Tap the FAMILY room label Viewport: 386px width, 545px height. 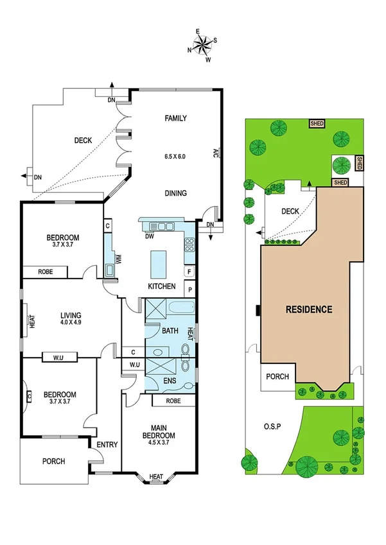click(x=175, y=118)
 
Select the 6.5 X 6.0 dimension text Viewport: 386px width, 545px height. click(x=175, y=157)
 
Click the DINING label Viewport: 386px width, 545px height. click(x=175, y=193)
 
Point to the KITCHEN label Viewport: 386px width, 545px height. click(x=162, y=286)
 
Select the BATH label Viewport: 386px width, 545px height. click(x=170, y=331)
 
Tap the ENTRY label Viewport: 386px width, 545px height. click(x=107, y=445)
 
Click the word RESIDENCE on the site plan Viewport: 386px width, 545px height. click(x=310, y=309)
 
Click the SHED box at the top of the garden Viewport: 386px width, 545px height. click(x=317, y=123)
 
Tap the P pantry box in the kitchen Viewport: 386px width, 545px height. click(x=189, y=290)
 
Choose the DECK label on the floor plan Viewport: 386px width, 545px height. click(x=83, y=141)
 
